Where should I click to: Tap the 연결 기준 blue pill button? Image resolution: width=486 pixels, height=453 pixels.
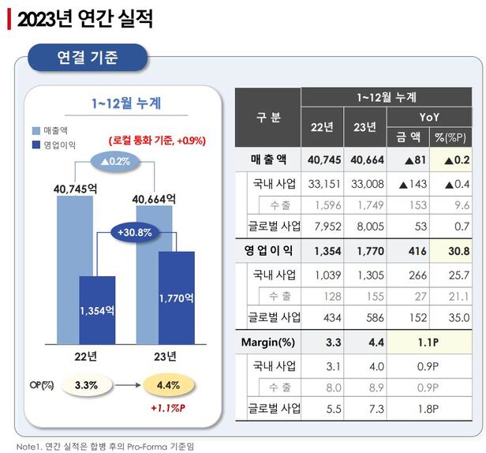click(88, 57)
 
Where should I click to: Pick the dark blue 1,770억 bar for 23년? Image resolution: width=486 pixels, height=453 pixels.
click(176, 298)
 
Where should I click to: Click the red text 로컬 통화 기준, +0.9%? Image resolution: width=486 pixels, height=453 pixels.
click(157, 140)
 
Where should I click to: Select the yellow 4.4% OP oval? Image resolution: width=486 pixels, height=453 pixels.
click(168, 386)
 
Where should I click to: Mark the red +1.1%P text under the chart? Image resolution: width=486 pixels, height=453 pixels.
click(169, 410)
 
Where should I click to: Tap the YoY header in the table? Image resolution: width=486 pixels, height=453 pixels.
click(430, 117)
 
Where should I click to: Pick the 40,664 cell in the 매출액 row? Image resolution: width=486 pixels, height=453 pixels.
click(366, 159)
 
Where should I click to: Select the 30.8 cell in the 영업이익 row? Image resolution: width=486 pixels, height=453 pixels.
click(452, 251)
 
